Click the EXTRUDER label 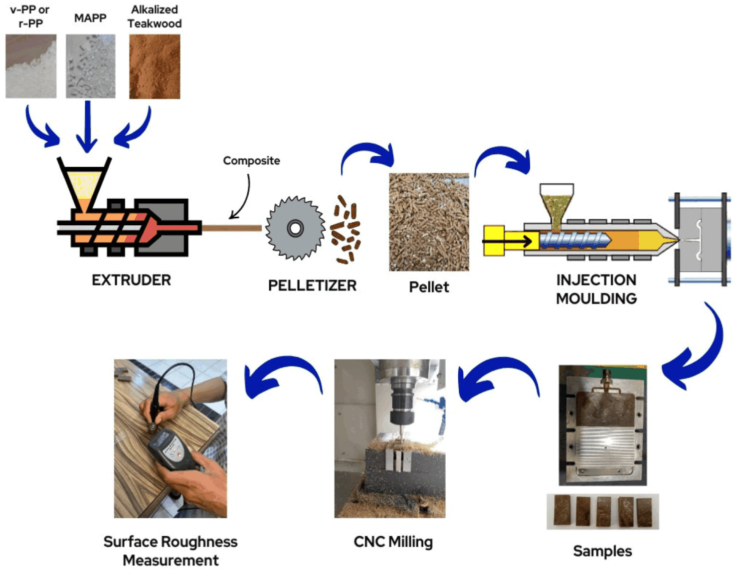click(x=131, y=280)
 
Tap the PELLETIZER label click(x=312, y=286)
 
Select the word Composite click(x=251, y=160)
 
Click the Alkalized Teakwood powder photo click(x=155, y=67)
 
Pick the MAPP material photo click(x=90, y=66)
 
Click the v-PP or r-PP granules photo click(x=31, y=66)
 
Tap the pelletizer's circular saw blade click(x=295, y=228)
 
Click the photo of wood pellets click(x=429, y=222)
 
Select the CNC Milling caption click(x=393, y=542)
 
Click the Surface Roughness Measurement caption click(x=171, y=551)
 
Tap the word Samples click(x=602, y=551)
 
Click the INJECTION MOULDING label click(x=596, y=289)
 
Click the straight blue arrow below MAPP click(x=87, y=127)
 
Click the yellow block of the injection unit click(x=494, y=241)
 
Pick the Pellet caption click(x=429, y=287)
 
